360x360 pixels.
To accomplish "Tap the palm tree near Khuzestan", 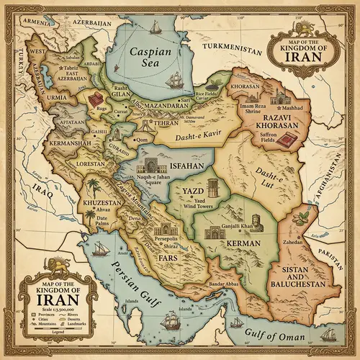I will pos(92,189).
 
